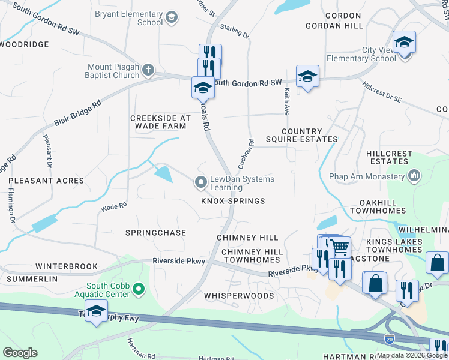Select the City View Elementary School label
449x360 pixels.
click(361, 54)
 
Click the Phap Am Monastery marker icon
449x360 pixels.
click(413, 176)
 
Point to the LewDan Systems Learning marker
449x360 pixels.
click(200, 181)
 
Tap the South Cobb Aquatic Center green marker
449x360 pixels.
click(139, 290)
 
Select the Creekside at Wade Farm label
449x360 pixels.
click(160, 122)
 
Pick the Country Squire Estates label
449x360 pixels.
click(310, 135)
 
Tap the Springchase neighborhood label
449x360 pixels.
click(155, 232)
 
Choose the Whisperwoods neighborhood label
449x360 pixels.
click(238, 296)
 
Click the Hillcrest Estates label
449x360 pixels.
click(390, 157)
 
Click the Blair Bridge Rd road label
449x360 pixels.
click(79, 112)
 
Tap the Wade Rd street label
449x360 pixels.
click(114, 206)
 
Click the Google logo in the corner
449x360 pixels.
click(20, 353)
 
